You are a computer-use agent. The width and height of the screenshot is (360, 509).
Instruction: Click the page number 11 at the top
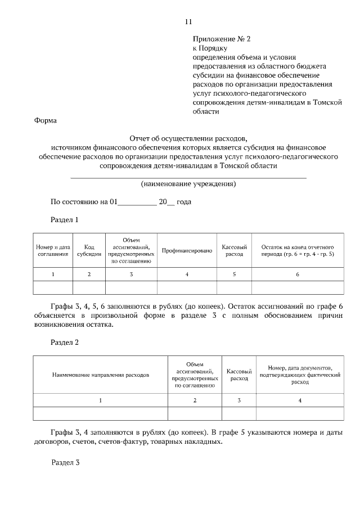(188, 21)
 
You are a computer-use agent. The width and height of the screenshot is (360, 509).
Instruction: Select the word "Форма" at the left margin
(45, 120)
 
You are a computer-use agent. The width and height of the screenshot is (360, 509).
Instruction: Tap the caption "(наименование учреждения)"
(188, 184)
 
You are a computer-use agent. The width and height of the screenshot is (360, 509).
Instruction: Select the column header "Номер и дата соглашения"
(53, 250)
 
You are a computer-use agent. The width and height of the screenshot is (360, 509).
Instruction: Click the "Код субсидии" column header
(89, 250)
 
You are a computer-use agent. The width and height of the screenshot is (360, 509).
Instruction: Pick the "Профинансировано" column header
(187, 250)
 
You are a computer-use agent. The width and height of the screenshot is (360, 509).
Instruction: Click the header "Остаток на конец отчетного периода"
(298, 250)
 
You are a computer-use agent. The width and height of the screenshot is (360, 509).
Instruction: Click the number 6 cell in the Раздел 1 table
(298, 274)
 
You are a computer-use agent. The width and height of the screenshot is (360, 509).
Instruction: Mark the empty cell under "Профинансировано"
(187, 287)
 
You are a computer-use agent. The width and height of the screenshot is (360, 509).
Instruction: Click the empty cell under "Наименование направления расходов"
(101, 413)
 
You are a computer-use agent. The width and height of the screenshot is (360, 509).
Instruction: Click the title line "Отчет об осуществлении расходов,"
(188, 138)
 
